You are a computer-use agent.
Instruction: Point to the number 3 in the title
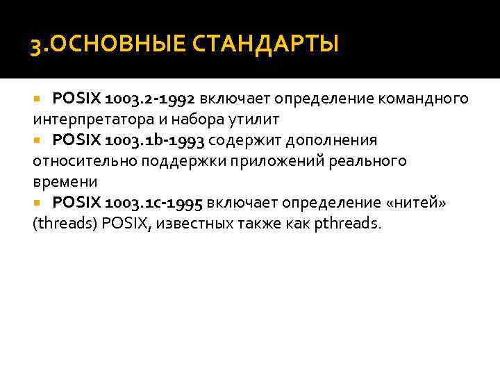tap(34, 47)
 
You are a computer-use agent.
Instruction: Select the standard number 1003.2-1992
tap(153, 99)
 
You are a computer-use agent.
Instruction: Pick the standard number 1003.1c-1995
tap(153, 203)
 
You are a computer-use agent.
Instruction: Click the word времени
tap(65, 182)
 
